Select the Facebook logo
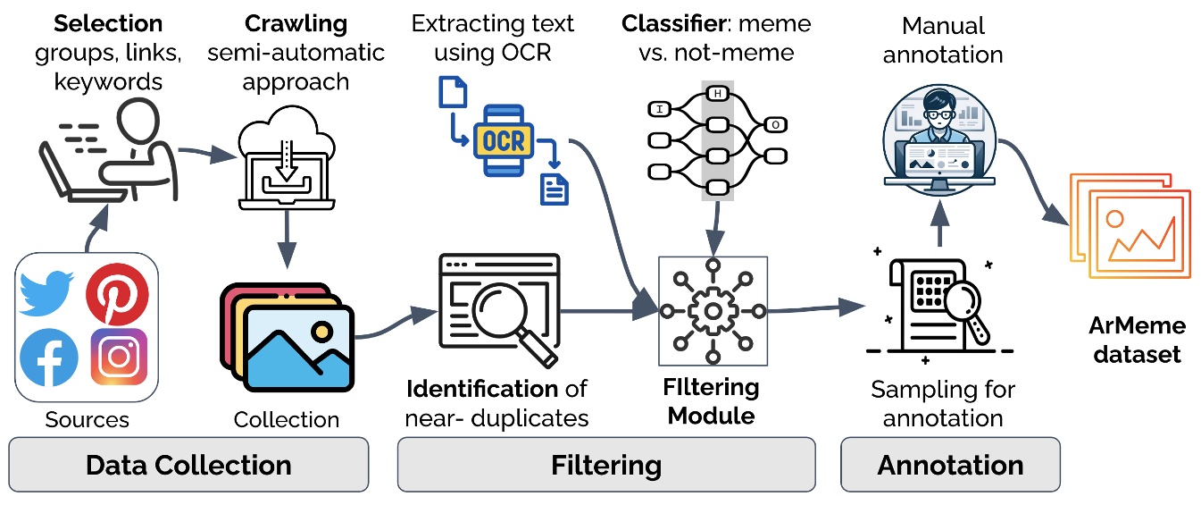(48, 358)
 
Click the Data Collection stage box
(188, 465)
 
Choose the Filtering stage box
(605, 465)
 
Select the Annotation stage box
(950, 465)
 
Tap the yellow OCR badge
(504, 139)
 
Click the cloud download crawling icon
(286, 157)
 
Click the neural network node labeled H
(716, 93)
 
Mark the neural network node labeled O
(775, 124)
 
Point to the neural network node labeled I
(659, 109)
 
